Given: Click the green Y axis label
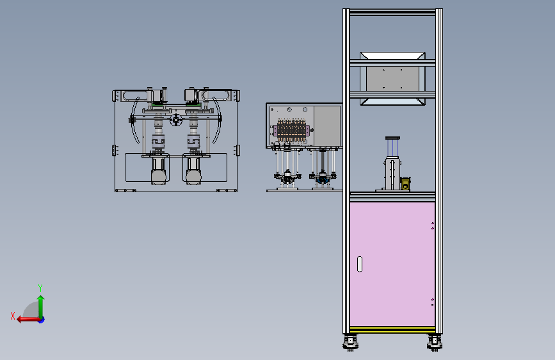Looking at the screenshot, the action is point(40,288).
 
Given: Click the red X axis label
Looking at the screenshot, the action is point(13,316).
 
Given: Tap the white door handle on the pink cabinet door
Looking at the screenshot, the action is point(360,264).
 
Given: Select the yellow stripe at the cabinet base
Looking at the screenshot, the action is point(392,329).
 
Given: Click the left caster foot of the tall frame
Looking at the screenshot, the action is point(350,342).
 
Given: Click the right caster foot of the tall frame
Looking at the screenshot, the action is point(435,342).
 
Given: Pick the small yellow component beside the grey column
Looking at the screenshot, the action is point(405,184).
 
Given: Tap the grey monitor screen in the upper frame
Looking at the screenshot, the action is point(392,78).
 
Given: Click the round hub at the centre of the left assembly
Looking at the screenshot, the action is point(176,120).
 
